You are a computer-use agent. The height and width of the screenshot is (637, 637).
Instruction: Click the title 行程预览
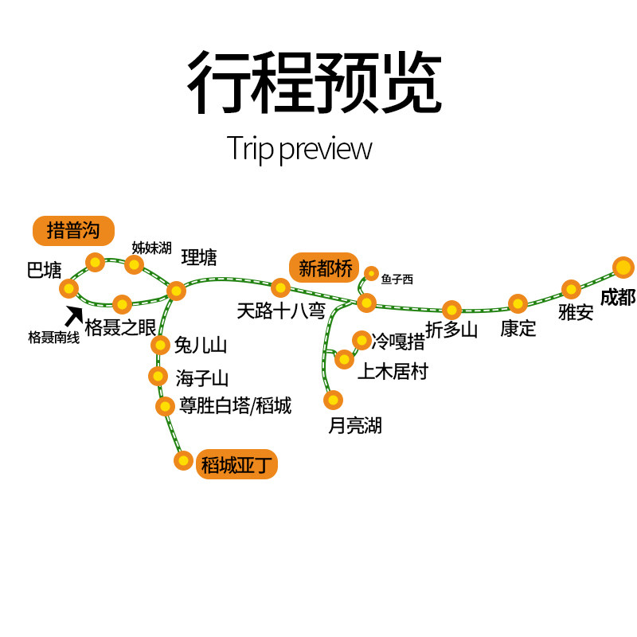click(314, 84)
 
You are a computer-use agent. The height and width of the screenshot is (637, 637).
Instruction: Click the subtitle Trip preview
click(299, 148)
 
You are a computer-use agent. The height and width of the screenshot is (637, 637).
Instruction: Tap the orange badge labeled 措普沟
click(73, 231)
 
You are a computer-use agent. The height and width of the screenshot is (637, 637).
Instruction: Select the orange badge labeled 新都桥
click(325, 268)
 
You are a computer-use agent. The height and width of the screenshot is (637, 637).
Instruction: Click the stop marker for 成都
click(623, 267)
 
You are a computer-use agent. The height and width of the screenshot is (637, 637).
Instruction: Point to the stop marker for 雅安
click(571, 289)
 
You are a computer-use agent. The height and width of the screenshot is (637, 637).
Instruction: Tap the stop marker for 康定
click(518, 303)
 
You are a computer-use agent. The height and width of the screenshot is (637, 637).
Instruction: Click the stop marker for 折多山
click(451, 310)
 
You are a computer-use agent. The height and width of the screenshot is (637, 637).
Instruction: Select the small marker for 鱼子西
click(371, 274)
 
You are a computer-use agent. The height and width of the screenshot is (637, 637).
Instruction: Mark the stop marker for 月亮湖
click(333, 400)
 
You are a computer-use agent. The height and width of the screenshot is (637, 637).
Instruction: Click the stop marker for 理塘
click(176, 291)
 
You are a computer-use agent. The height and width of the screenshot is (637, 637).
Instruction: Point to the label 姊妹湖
click(151, 248)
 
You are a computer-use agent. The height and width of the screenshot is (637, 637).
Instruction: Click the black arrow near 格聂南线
click(74, 315)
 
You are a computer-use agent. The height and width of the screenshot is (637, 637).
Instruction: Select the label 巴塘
click(44, 271)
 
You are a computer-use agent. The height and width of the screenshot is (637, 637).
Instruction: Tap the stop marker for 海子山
click(158, 376)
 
